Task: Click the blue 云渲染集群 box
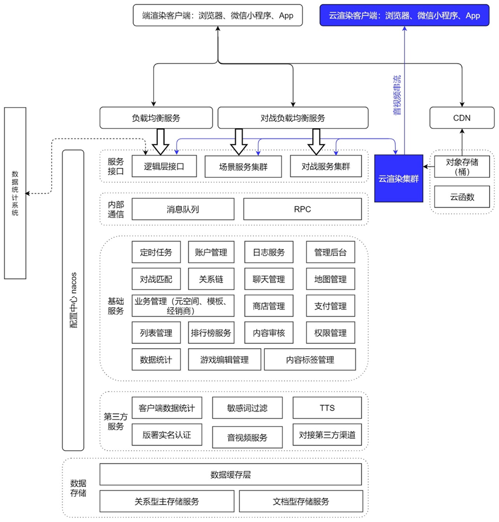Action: pos(399,178)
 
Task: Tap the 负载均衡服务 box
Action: pos(156,118)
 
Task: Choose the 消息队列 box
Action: pos(183,209)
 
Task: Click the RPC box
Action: pos(302,209)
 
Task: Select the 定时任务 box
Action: pos(156,252)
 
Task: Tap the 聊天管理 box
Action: pos(269,279)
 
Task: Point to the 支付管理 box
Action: pos(330,306)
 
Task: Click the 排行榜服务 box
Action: pos(211,333)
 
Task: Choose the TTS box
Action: pos(327,408)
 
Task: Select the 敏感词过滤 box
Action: pos(247,408)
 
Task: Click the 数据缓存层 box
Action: pos(231,475)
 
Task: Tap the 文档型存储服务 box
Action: pos(300,501)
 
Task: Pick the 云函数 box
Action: pos(462,197)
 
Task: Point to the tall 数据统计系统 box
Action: pos(15,193)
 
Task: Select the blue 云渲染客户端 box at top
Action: pos(404,15)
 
